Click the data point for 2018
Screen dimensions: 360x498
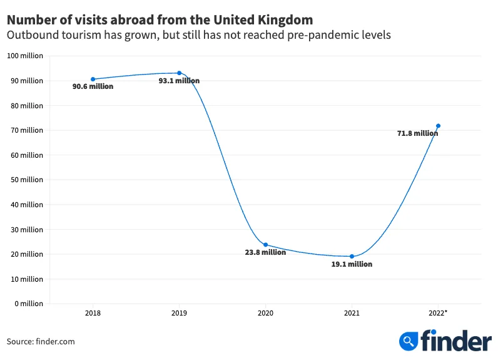93,79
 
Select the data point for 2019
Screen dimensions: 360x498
180,73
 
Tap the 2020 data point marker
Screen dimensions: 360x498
266,245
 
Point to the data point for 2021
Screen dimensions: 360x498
352,256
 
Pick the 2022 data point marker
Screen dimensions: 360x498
438,126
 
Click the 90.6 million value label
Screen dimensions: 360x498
93,86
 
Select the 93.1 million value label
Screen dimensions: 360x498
180,81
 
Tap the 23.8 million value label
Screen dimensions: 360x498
265,252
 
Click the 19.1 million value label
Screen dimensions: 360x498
352,264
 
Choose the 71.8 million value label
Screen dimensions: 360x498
417,133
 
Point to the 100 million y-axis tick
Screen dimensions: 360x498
25,56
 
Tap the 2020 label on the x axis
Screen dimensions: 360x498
266,313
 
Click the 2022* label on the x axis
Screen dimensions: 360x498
438,313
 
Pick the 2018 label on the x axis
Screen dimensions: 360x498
93,313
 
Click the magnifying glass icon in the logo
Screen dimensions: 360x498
409,341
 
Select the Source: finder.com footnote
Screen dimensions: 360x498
41,341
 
